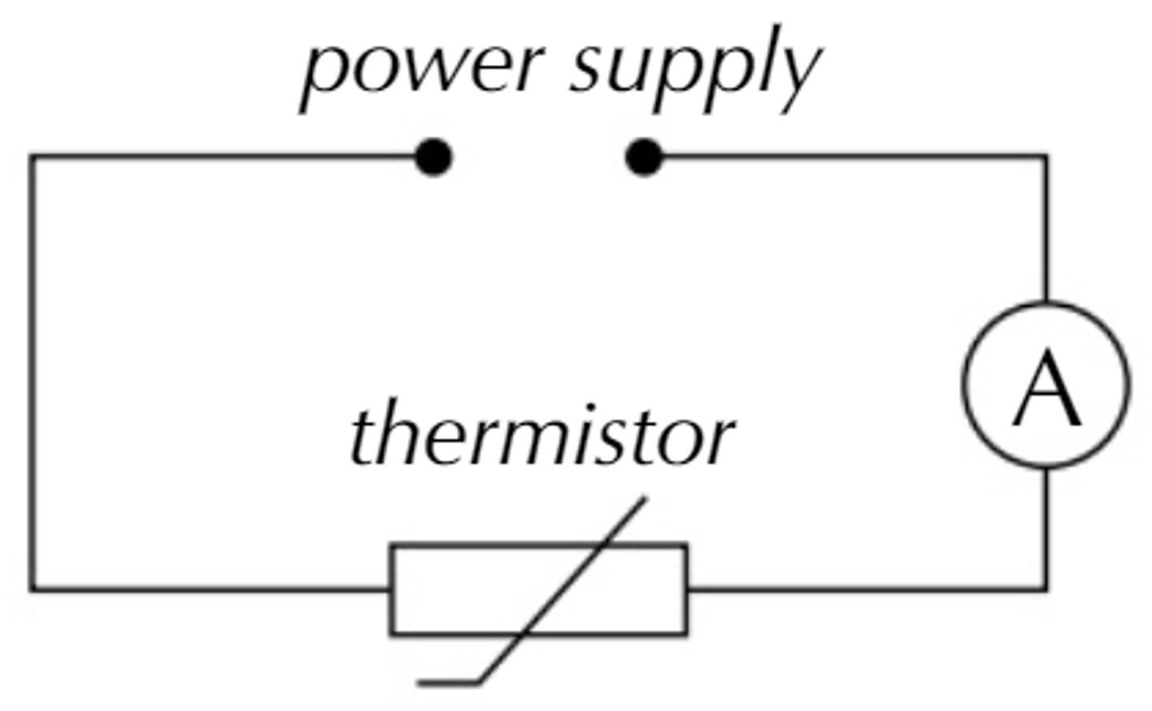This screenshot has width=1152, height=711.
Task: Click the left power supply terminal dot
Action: pos(434,157)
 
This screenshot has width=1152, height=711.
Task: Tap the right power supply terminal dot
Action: pos(644,157)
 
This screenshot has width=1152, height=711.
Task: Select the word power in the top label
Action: pos(424,68)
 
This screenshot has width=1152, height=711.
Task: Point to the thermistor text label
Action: pos(542,436)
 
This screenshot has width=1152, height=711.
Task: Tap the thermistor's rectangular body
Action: pos(448,590)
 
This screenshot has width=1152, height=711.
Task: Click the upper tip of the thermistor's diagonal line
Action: pos(645,501)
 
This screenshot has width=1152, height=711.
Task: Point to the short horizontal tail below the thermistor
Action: pos(449,683)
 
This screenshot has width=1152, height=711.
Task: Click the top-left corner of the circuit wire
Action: pos(33,158)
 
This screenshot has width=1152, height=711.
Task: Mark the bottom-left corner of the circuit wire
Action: pos(33,590)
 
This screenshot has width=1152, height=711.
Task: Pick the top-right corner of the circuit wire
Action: pos(1046,158)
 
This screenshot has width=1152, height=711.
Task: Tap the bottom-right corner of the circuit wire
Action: pos(1046,590)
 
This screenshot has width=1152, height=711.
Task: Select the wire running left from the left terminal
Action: pos(224,157)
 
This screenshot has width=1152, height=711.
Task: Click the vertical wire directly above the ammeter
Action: pos(1046,232)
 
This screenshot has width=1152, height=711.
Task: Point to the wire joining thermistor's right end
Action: pos(864,590)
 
